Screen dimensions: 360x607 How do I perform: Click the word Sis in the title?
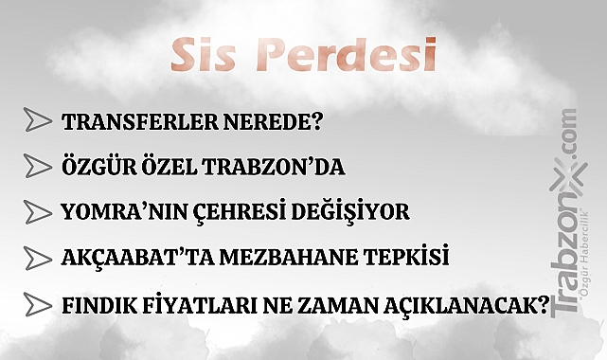[203, 57]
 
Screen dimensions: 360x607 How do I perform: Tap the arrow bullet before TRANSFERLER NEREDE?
[37, 121]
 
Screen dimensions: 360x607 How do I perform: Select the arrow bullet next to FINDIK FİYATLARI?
[37, 306]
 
